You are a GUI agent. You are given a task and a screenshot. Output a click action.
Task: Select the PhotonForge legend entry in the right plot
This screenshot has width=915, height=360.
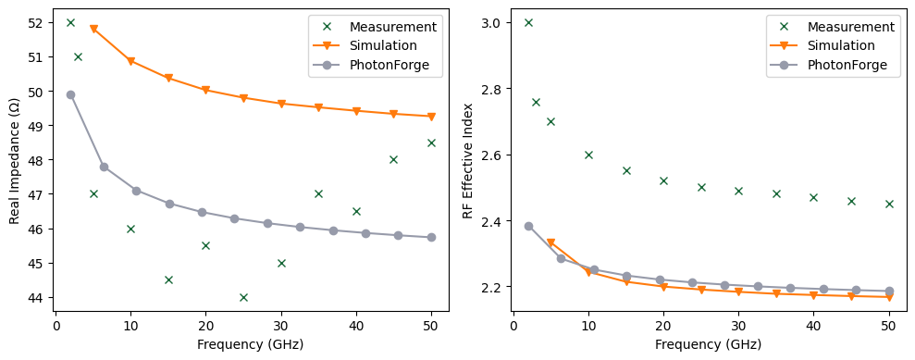pyautogui.click(x=847, y=65)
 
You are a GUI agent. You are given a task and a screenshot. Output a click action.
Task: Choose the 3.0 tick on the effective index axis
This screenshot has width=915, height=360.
pyautogui.click(x=496, y=22)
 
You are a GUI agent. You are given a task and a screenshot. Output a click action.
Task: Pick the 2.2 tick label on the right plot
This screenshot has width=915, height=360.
pyautogui.click(x=496, y=288)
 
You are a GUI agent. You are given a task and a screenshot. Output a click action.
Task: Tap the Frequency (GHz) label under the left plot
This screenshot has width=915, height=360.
pyautogui.click(x=251, y=344)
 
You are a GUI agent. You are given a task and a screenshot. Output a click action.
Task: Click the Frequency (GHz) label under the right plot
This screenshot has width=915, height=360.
pyautogui.click(x=708, y=344)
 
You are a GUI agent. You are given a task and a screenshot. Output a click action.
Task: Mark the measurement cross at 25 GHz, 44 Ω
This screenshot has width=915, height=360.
pyautogui.click(x=243, y=297)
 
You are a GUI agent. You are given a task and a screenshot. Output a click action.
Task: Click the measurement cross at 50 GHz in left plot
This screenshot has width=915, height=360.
pyautogui.click(x=431, y=143)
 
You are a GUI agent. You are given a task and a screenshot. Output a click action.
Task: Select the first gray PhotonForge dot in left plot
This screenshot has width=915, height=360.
pyautogui.click(x=70, y=94)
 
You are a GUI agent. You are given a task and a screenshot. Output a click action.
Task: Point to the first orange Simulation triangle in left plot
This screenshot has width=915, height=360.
pyautogui.click(x=93, y=30)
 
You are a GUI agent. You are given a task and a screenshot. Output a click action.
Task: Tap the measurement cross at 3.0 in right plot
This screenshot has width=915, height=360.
pyautogui.click(x=528, y=22)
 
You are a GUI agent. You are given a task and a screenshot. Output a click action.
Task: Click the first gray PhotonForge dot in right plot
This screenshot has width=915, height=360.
pyautogui.click(x=528, y=226)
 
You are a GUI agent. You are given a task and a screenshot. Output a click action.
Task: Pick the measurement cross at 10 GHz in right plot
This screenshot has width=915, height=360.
pyautogui.click(x=588, y=155)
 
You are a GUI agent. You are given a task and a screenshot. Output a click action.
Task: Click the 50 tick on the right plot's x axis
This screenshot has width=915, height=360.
pyautogui.click(x=888, y=326)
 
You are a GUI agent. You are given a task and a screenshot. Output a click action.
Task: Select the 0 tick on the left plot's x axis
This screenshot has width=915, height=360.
pyautogui.click(x=56, y=326)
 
